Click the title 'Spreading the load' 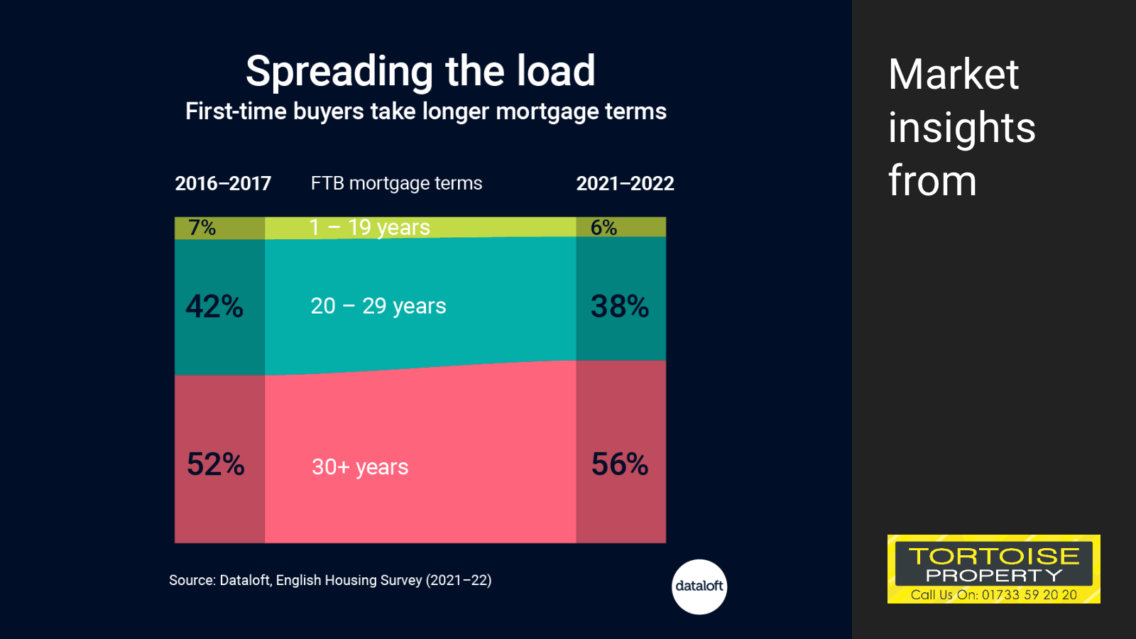point(420,72)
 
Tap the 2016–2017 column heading point(223,184)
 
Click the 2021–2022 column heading point(626,184)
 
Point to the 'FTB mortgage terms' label point(397,184)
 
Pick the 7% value point(202,228)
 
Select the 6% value point(603,228)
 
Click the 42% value point(214,306)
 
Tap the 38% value point(620,306)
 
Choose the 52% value point(216,464)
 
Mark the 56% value point(620,464)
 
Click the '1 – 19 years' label point(370,228)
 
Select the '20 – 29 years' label point(378,306)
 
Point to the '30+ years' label point(360,467)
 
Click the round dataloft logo point(699,586)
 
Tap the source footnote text point(330,580)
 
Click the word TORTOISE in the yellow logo point(994,557)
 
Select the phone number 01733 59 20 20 point(1029,595)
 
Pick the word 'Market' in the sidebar point(954,75)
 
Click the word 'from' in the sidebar point(933,181)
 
